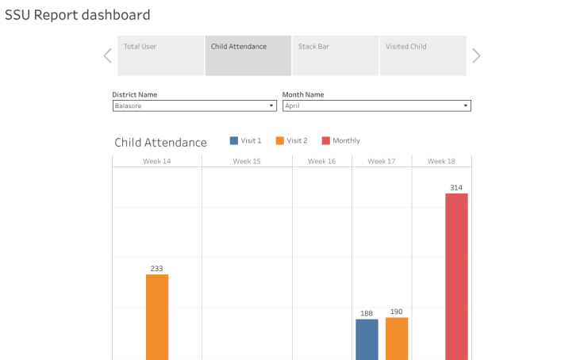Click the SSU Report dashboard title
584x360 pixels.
(x=77, y=15)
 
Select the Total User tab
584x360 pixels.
(x=160, y=56)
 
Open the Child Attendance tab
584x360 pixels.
(x=248, y=56)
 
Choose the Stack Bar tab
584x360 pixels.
(x=335, y=56)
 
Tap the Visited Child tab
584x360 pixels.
(x=422, y=56)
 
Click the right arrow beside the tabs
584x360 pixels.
(x=476, y=56)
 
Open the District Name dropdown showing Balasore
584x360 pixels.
(x=194, y=105)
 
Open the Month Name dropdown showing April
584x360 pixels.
(x=376, y=105)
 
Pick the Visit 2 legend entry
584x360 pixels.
(x=291, y=140)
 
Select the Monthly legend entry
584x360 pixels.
(x=340, y=140)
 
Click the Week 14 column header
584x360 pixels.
(x=156, y=161)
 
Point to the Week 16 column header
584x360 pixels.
(x=321, y=161)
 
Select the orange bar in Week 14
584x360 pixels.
(x=157, y=316)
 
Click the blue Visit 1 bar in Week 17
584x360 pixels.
(x=367, y=339)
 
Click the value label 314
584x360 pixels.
(x=456, y=188)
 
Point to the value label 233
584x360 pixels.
(x=157, y=269)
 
